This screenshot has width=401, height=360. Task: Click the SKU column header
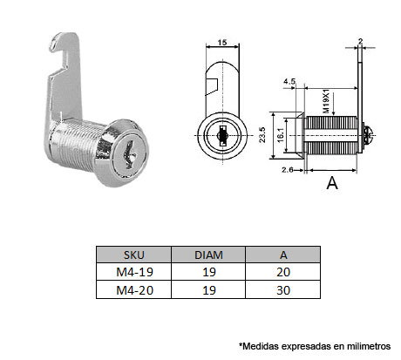(133, 255)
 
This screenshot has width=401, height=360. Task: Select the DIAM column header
(208, 255)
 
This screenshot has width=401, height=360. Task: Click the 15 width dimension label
(223, 42)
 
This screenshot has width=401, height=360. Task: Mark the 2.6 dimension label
(288, 172)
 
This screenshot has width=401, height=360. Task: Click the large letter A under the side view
(331, 184)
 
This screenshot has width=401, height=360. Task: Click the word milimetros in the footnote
(369, 345)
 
